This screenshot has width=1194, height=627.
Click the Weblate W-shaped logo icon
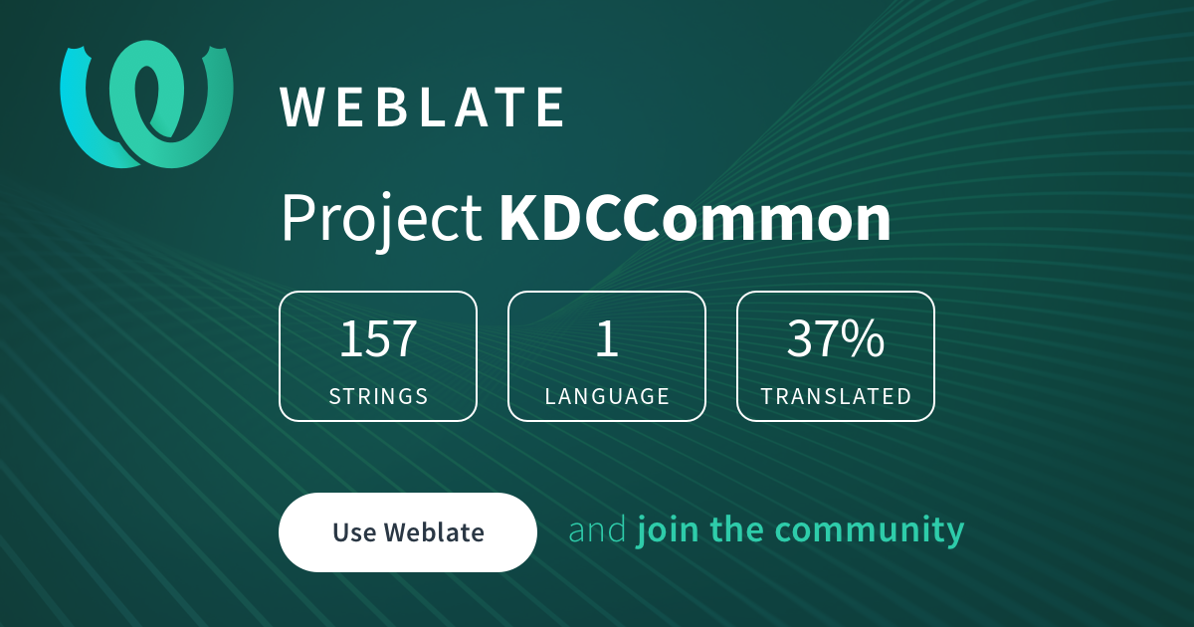click(x=146, y=104)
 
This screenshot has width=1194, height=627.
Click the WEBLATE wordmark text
click(x=422, y=107)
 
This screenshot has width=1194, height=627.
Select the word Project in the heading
click(x=382, y=219)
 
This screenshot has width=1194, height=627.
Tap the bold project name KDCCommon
click(x=695, y=218)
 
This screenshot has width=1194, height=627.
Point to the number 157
click(x=378, y=338)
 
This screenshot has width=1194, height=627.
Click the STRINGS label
click(x=378, y=396)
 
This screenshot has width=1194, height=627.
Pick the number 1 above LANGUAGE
click(x=607, y=338)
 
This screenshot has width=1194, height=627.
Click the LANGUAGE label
click(x=607, y=396)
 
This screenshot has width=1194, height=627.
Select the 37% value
click(x=835, y=338)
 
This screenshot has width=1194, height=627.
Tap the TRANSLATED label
click(x=836, y=396)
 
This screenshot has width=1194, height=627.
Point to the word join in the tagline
click(x=668, y=529)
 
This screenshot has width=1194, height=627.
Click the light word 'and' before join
click(x=598, y=529)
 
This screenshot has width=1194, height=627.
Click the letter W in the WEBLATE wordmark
click(x=301, y=107)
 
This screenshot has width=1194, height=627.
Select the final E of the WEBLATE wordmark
click(x=550, y=107)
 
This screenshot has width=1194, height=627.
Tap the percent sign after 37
click(x=863, y=338)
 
